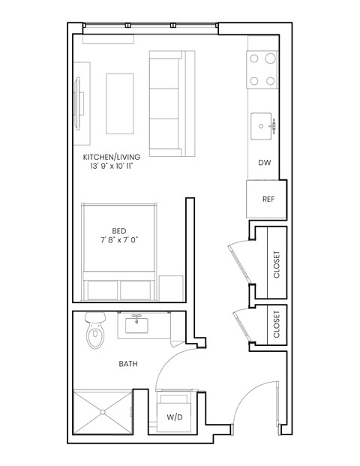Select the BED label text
coord(119,230)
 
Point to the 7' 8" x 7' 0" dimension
coord(119,240)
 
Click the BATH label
coord(128,364)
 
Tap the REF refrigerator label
coord(267,200)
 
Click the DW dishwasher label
coord(264,163)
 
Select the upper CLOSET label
coord(277,264)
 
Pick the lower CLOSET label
coord(277,324)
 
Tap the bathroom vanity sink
coord(138,326)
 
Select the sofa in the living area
coord(172,103)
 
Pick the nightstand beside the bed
coord(171,287)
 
